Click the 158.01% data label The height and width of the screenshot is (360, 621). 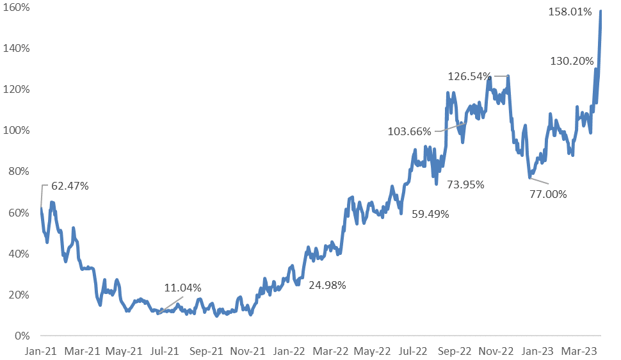click(x=570, y=12)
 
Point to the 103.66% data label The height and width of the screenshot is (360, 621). click(x=410, y=132)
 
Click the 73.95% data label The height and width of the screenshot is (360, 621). click(x=465, y=184)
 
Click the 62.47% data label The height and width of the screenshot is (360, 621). click(x=66, y=186)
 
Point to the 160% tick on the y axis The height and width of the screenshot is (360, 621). click(x=19, y=7)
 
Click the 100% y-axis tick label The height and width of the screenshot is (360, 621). click(x=19, y=130)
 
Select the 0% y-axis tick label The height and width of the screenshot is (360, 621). click(x=23, y=336)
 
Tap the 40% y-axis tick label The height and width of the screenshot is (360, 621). click(x=20, y=254)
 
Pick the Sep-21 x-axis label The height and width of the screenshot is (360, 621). click(x=206, y=351)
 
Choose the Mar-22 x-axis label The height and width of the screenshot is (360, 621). click(x=330, y=351)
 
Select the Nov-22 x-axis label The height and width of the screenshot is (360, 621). click(x=496, y=351)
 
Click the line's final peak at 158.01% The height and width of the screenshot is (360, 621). click(x=601, y=11)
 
